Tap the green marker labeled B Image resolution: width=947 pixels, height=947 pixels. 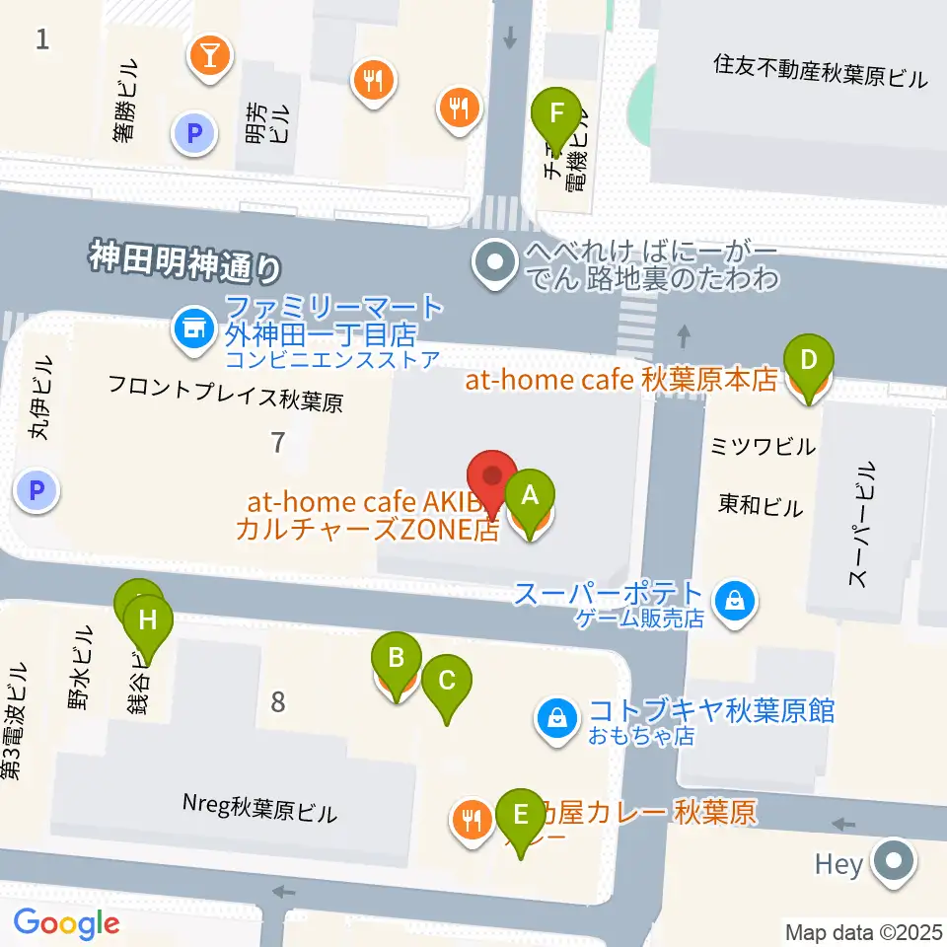coord(397,658)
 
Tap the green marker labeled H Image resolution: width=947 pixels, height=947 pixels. coord(148,621)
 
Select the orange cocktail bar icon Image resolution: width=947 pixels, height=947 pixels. coord(210,55)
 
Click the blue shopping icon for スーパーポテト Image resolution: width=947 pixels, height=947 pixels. coord(735,599)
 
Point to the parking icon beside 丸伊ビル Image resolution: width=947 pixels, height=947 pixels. coord(36,488)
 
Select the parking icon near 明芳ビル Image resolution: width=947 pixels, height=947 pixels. coord(193,132)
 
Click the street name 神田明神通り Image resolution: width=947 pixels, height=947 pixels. coord(184,261)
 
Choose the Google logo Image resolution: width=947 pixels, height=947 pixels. coord(67,923)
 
